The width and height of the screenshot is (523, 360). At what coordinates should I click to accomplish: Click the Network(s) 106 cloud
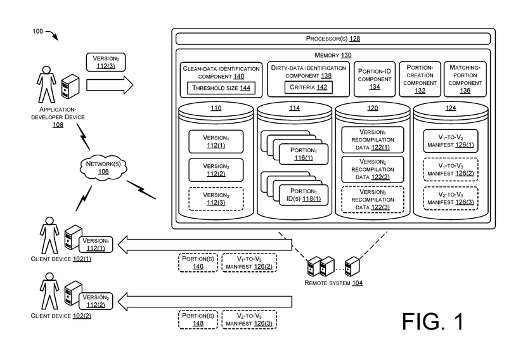click(98, 167)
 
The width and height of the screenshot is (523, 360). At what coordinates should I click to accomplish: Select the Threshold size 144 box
click(220, 87)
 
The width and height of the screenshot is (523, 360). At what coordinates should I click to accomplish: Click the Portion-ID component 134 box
click(374, 79)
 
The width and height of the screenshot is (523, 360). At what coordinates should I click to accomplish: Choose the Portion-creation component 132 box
click(420, 79)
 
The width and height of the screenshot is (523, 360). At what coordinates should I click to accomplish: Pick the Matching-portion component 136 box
click(465, 79)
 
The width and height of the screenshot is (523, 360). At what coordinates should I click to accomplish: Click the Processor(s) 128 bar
click(333, 39)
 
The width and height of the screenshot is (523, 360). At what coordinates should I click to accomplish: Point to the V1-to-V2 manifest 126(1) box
click(450, 140)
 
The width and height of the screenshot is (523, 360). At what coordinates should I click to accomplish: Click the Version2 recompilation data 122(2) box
click(373, 169)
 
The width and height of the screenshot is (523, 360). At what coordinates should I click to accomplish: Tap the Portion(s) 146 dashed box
click(198, 263)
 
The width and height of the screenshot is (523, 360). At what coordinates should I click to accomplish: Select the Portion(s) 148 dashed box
click(198, 319)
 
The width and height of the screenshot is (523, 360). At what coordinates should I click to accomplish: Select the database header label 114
click(294, 108)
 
